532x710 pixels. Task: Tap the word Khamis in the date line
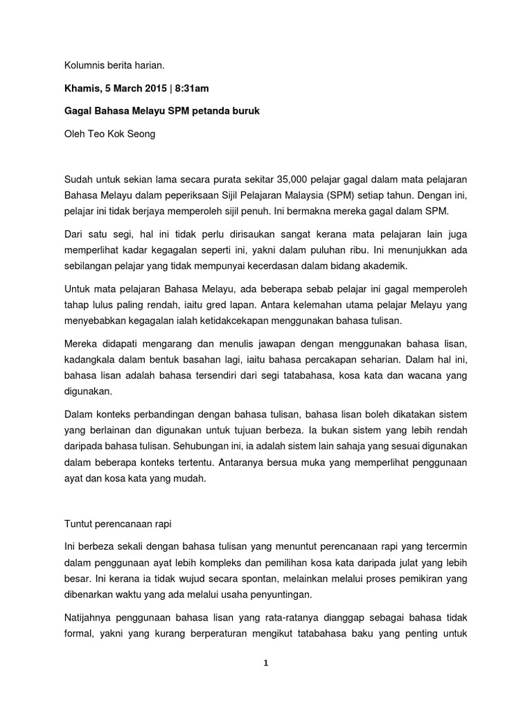pyautogui.click(x=82, y=89)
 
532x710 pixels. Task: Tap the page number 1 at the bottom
pyautogui.click(x=266, y=663)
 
